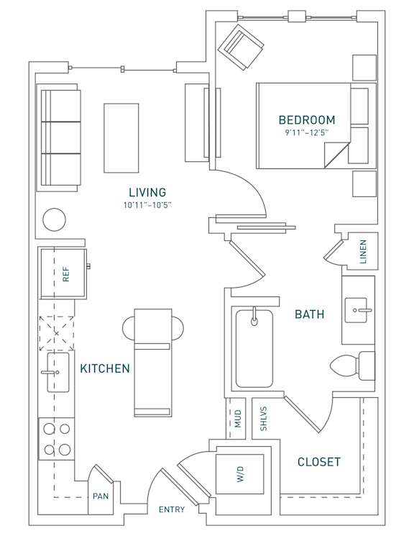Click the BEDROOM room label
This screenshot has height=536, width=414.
[307, 119]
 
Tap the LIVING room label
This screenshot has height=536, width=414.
[147, 192]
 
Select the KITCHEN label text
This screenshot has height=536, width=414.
[105, 368]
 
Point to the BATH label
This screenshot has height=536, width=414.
[310, 314]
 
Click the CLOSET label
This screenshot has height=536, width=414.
[319, 462]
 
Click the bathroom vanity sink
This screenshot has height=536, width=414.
[358, 311]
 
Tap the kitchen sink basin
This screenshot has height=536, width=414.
[57, 372]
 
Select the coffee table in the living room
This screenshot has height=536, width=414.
[121, 137]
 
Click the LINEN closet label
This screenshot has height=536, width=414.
[363, 252]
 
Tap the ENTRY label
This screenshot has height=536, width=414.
[172, 510]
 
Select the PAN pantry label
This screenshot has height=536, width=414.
[100, 496]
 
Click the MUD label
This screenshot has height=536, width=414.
[238, 418]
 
